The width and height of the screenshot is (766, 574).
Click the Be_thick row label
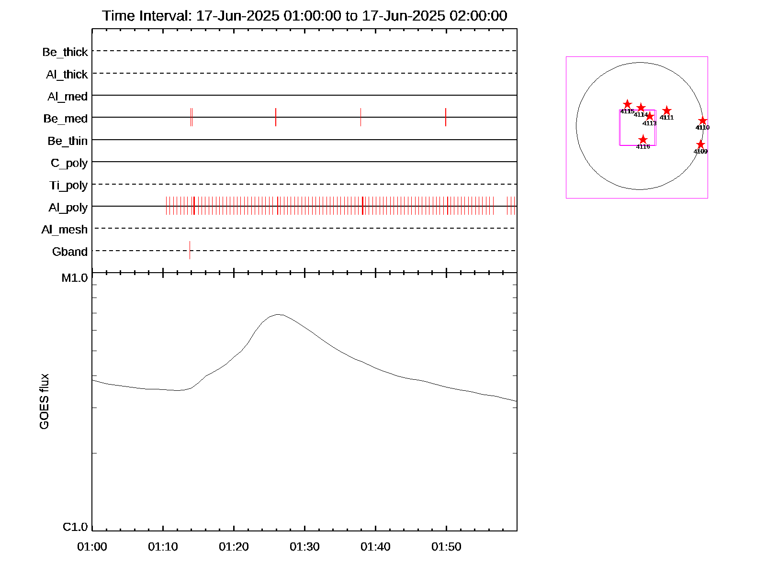(x=65, y=52)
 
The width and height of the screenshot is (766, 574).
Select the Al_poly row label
(x=68, y=208)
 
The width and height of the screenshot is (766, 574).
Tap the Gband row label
(x=70, y=252)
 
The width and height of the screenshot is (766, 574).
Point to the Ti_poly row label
(x=68, y=186)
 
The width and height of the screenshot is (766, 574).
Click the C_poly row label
(x=69, y=163)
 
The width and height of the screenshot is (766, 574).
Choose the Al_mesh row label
(x=65, y=230)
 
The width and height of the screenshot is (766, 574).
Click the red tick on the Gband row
(x=190, y=250)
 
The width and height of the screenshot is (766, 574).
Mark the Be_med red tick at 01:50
(x=446, y=117)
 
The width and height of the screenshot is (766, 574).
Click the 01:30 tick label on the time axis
(x=304, y=547)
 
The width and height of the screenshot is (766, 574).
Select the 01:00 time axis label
(x=92, y=547)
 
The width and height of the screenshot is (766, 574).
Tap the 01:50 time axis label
(x=446, y=547)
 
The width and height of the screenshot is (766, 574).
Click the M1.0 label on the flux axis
(x=75, y=278)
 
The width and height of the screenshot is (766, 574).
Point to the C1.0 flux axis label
(x=75, y=527)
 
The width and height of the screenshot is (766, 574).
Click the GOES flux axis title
(x=44, y=402)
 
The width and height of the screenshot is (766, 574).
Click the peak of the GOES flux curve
(x=279, y=314)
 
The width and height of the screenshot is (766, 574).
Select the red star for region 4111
(x=666, y=111)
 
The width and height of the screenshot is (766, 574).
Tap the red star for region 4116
(x=643, y=140)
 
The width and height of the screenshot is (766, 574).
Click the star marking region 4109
(x=700, y=144)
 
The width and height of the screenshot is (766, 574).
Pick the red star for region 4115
(x=627, y=104)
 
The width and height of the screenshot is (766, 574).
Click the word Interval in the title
(x=163, y=16)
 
